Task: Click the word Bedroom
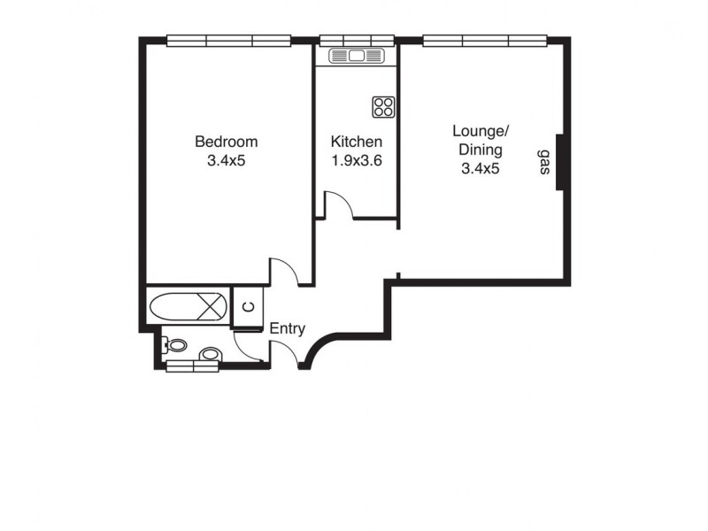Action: [226, 142]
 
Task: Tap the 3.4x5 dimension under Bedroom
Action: [226, 161]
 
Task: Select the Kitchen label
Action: [356, 142]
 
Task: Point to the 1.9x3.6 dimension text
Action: [356, 161]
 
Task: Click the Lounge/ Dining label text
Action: [480, 140]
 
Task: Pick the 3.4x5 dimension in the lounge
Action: [480, 169]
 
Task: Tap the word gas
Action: [543, 163]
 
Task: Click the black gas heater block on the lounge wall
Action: [559, 160]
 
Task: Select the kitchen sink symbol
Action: [357, 56]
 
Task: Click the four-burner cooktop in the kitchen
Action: [384, 107]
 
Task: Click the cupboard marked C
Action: [249, 307]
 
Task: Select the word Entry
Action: [287, 329]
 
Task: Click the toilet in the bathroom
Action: [176, 346]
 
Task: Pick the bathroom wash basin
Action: [210, 355]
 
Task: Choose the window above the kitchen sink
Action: [357, 39]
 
